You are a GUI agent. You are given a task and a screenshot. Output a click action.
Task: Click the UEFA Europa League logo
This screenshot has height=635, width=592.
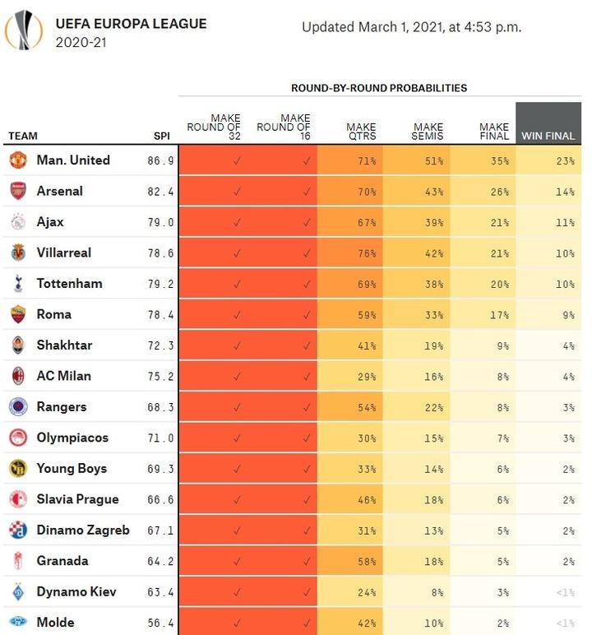(x=24, y=30)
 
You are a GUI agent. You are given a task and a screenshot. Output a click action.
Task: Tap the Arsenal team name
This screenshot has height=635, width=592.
(x=59, y=191)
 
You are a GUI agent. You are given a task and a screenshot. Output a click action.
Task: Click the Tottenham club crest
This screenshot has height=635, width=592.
(x=18, y=284)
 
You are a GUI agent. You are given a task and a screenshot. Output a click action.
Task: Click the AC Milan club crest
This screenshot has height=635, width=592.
(x=18, y=376)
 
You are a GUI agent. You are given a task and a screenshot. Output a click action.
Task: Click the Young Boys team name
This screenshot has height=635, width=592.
(x=72, y=468)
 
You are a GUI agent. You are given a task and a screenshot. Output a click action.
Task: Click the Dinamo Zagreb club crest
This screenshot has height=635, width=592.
(x=18, y=530)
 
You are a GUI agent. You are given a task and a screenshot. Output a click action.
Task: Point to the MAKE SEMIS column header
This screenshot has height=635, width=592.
(x=428, y=132)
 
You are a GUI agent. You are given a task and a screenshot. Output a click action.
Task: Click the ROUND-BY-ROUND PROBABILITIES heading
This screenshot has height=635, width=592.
(x=379, y=87)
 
